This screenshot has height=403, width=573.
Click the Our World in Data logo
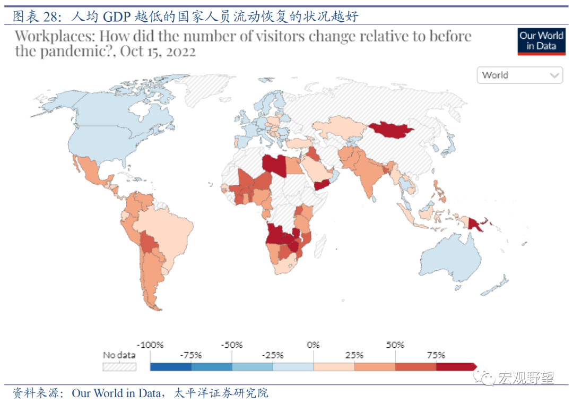(541, 41)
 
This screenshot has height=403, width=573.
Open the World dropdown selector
(520, 75)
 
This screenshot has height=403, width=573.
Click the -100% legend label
(150, 345)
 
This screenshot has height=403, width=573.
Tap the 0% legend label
(314, 345)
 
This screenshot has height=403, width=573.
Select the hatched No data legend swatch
(119, 366)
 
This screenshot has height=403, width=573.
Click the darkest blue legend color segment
(170, 366)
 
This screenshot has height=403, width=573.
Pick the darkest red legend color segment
(455, 366)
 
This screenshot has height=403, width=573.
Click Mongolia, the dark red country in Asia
(392, 129)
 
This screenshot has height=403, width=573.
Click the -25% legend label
(273, 355)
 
